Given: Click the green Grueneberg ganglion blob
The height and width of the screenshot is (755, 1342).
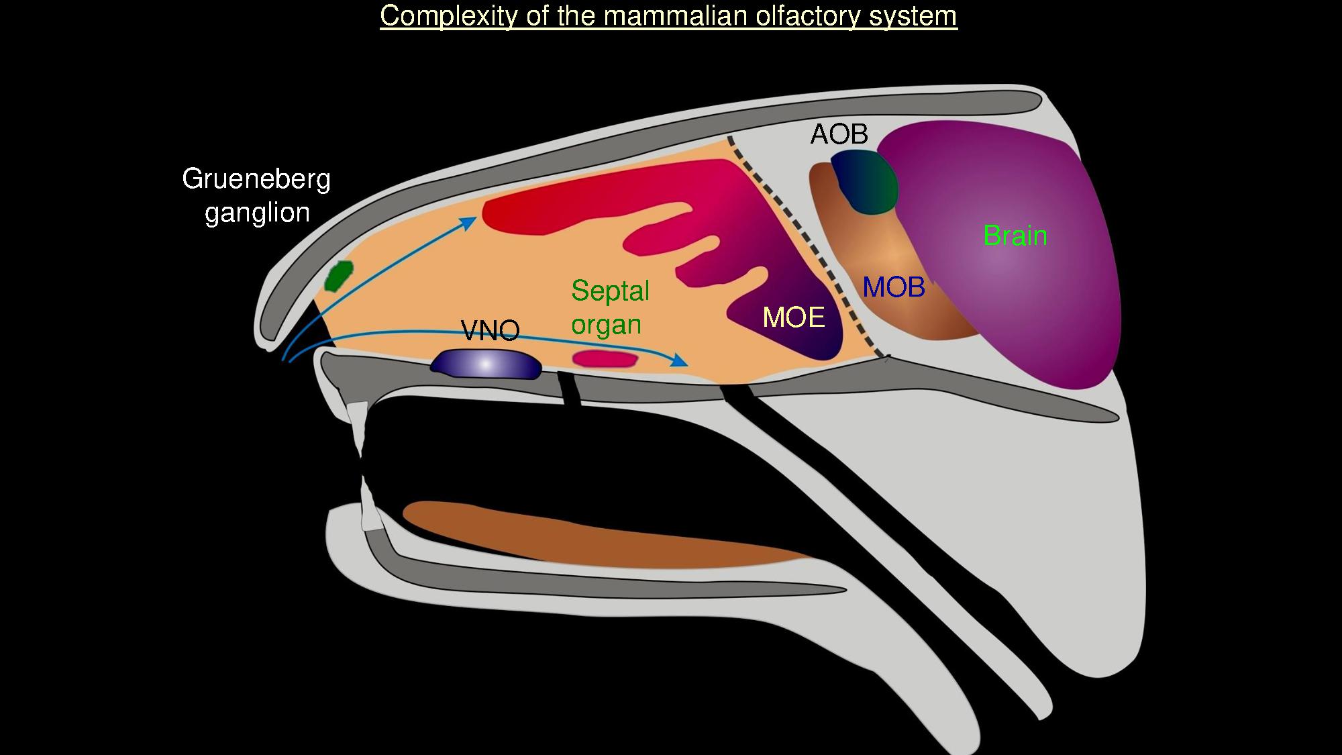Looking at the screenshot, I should (339, 275).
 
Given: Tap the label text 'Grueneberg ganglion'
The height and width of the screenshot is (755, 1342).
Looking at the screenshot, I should (256, 195).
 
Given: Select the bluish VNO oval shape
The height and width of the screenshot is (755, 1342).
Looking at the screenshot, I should (486, 364).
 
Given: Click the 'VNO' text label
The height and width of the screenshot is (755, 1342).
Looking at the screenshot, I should (490, 331).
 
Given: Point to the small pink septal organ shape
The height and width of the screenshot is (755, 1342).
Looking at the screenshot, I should (604, 359).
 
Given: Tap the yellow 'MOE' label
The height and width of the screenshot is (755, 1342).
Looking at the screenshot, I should (793, 317).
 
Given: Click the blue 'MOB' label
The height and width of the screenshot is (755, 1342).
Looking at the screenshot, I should (893, 287).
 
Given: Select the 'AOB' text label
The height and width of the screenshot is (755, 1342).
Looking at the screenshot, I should (839, 135).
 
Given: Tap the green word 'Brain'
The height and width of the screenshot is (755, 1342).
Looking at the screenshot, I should (1015, 236).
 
